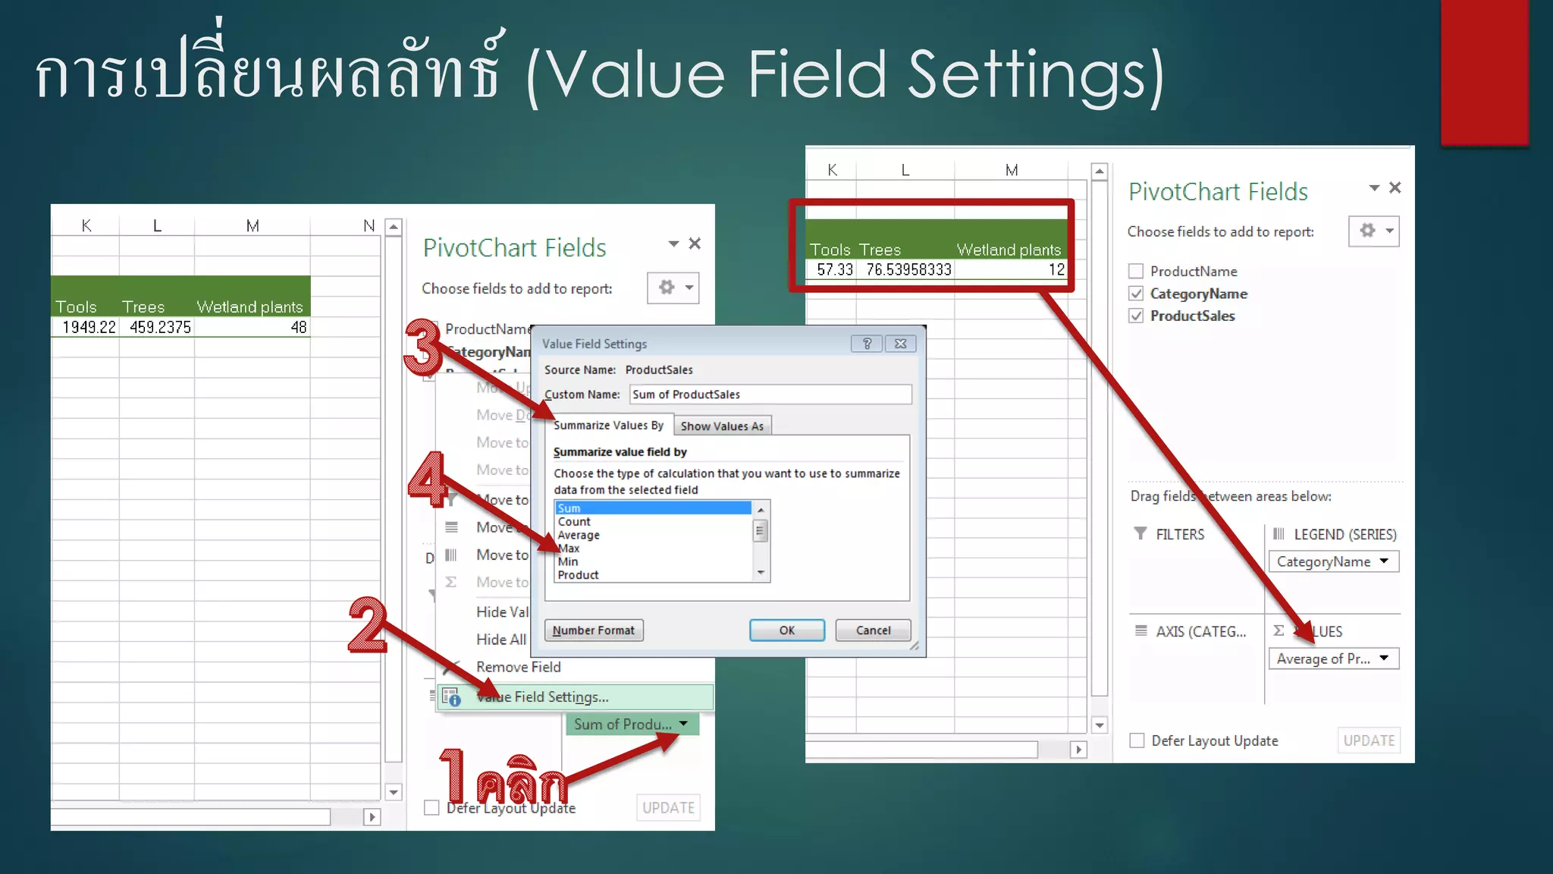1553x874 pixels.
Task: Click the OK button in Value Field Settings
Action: click(x=786, y=630)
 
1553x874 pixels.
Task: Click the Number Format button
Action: click(x=594, y=630)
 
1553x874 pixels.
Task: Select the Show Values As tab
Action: click(x=722, y=426)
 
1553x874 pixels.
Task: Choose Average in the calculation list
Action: click(x=579, y=535)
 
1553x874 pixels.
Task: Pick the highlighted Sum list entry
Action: click(x=652, y=508)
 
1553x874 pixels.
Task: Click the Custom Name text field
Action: click(x=770, y=395)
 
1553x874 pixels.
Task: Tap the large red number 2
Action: click(x=368, y=625)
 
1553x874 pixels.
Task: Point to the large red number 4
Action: click(x=427, y=479)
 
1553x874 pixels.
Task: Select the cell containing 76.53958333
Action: click(x=908, y=269)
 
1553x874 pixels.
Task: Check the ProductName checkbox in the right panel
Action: click(x=1136, y=271)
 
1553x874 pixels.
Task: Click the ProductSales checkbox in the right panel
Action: click(x=1136, y=316)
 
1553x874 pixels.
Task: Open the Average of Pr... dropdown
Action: click(x=1384, y=659)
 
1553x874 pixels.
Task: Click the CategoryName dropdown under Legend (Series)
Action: click(x=1384, y=561)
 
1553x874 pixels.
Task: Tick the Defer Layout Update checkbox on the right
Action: click(x=1137, y=740)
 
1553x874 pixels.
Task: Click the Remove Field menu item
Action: click(x=518, y=667)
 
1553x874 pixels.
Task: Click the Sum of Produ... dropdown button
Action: click(x=683, y=724)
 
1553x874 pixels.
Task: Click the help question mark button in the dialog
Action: click(x=867, y=344)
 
